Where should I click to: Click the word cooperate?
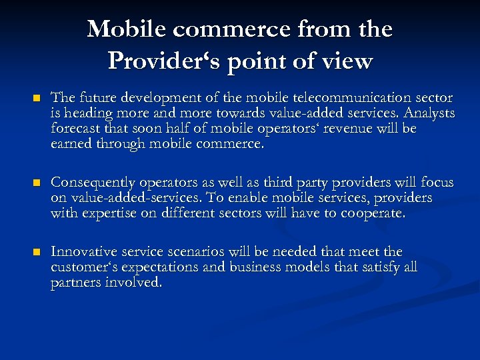pos(373,213)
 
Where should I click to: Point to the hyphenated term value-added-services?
pos(125,198)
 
